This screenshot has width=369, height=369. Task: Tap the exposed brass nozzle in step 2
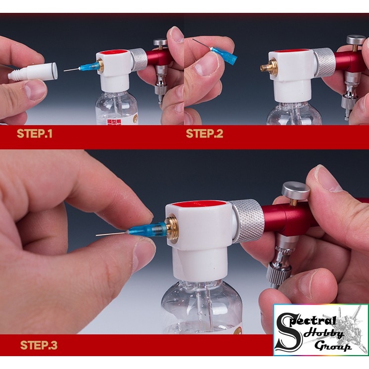click(268, 66)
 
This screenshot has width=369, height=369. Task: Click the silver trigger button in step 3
click(296, 190)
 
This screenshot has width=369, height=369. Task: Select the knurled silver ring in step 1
click(139, 59)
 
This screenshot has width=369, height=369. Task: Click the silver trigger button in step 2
click(356, 40)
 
